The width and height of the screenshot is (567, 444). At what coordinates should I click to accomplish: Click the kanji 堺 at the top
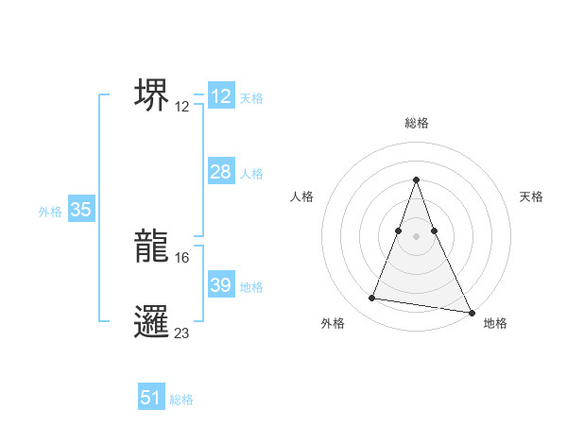[x=152, y=94]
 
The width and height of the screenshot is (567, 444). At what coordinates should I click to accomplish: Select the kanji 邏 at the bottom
[x=152, y=322]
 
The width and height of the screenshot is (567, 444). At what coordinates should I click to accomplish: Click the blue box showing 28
[x=220, y=172]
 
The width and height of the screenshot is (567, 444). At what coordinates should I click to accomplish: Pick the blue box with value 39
[x=220, y=285]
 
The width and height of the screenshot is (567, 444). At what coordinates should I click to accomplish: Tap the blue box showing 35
[x=80, y=210]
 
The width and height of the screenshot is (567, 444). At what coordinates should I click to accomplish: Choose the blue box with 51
[x=151, y=398]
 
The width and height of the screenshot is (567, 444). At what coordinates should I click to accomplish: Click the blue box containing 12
[x=220, y=96]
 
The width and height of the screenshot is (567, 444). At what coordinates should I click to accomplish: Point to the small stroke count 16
[x=182, y=257]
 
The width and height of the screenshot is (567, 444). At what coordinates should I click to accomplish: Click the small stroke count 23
[x=182, y=333]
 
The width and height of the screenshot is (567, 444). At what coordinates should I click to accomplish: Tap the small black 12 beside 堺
[x=182, y=106]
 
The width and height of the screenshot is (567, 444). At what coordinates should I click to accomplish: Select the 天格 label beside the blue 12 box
[x=250, y=98]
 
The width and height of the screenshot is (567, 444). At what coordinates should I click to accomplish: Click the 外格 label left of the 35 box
[x=50, y=212]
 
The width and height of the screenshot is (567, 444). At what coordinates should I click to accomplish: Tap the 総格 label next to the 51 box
[x=180, y=400]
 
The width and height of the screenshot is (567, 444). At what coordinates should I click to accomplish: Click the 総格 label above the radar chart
[x=416, y=123]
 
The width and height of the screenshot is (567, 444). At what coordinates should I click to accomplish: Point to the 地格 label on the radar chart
[x=495, y=323]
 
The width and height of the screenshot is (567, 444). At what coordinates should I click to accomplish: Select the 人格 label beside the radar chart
[x=302, y=196]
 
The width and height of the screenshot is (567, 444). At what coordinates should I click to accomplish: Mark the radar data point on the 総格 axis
[x=416, y=180]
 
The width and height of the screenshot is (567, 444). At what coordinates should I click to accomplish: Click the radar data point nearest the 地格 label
[x=470, y=312]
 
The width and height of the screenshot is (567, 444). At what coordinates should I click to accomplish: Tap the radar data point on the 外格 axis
[x=372, y=299]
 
